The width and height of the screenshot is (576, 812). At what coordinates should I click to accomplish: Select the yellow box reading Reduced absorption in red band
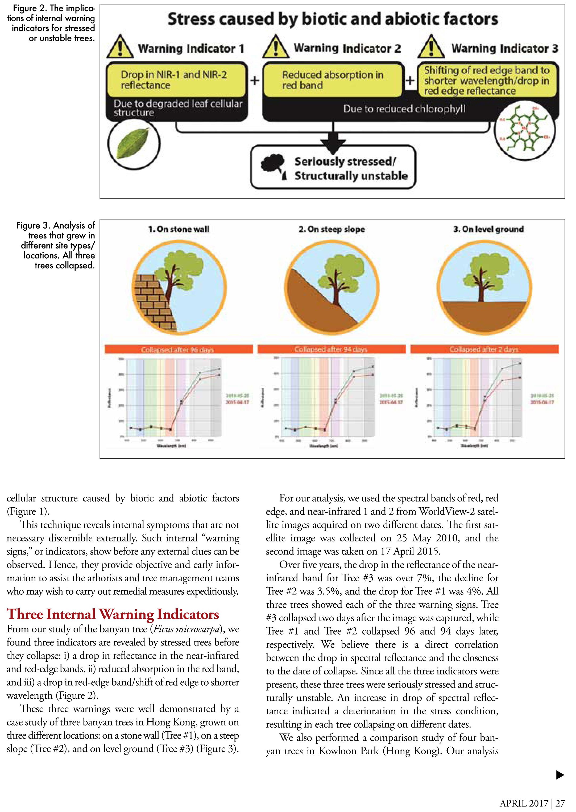[333, 80]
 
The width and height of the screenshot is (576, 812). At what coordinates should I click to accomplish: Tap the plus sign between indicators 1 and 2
[255, 81]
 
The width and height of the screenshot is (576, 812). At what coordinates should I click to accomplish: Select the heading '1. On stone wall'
[179, 229]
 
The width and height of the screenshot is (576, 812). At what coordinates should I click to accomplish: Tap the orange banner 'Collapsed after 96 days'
[179, 349]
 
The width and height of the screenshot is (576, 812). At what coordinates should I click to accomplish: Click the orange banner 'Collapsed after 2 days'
[484, 349]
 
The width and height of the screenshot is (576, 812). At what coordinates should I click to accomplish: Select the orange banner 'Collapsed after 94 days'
[331, 349]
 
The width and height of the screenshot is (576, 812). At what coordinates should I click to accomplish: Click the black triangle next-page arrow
[560, 775]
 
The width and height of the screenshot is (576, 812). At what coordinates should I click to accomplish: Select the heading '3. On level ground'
[488, 229]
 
